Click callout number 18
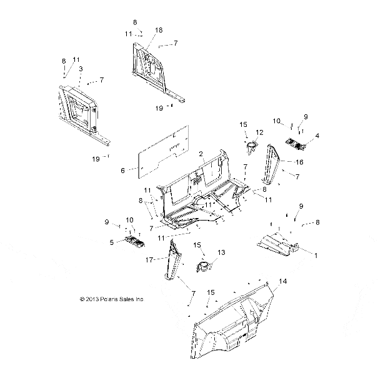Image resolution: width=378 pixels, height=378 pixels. point(159,30)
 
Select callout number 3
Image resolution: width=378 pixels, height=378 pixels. point(81,69)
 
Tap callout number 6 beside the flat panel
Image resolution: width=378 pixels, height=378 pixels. point(122,171)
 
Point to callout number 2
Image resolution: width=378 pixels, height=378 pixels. point(201,154)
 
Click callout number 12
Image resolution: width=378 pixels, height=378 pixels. point(259,132)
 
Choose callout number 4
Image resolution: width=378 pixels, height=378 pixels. point(317,136)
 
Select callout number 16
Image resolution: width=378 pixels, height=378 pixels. point(299,162)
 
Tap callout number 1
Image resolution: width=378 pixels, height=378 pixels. point(316,256)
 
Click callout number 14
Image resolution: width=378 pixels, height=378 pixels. point(283,281)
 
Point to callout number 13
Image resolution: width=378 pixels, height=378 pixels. point(221,252)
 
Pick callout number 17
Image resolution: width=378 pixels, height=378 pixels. point(149,260)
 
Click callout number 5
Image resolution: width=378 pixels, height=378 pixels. point(112,242)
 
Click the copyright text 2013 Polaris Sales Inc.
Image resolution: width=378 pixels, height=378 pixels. point(112,299)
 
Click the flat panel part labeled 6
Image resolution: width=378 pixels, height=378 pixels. point(164,152)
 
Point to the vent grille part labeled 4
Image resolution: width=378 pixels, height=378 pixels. point(296,144)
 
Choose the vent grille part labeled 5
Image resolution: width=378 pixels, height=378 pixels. point(135,242)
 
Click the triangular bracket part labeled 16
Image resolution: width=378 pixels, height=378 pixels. point(271,164)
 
